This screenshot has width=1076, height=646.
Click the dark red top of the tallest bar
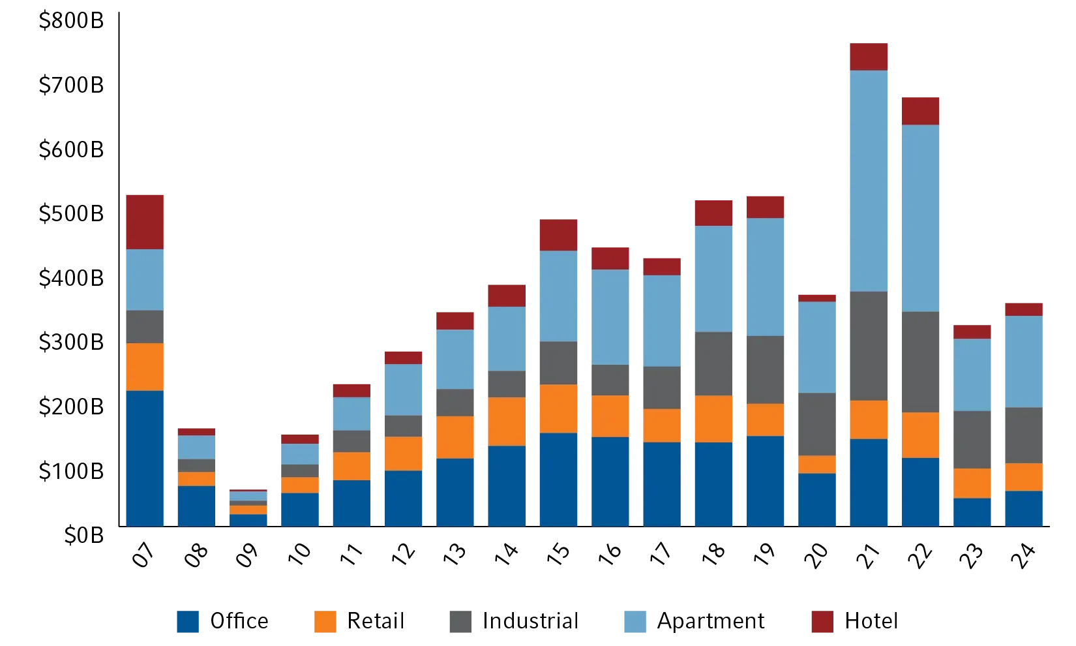pos(869,56)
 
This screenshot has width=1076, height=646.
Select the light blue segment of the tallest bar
pos(869,181)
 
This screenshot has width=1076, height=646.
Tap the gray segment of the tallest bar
pos(869,346)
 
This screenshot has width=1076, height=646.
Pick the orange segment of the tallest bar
pos(869,420)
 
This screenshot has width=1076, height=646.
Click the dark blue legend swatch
pos(188,623)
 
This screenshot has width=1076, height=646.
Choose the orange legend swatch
pos(325,623)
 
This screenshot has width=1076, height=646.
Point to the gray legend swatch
pos(461,623)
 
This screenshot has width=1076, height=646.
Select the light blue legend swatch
pos(634,623)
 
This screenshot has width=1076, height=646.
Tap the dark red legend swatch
pos(822,623)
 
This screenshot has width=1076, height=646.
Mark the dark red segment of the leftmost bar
pos(145,221)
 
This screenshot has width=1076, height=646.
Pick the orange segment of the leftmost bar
pos(145,367)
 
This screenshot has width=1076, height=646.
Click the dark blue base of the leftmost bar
pos(145,458)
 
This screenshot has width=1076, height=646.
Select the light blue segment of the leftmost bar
pos(145,279)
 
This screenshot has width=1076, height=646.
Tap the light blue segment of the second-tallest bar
pos(921,218)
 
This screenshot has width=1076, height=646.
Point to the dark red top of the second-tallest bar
pos(921,110)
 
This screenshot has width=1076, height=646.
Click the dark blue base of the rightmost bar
pos(1023,508)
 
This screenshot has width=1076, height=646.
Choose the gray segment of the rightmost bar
pos(1023,435)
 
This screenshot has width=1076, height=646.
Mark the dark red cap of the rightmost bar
pos(1023,309)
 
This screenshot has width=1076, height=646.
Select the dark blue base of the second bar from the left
pos(197,506)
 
